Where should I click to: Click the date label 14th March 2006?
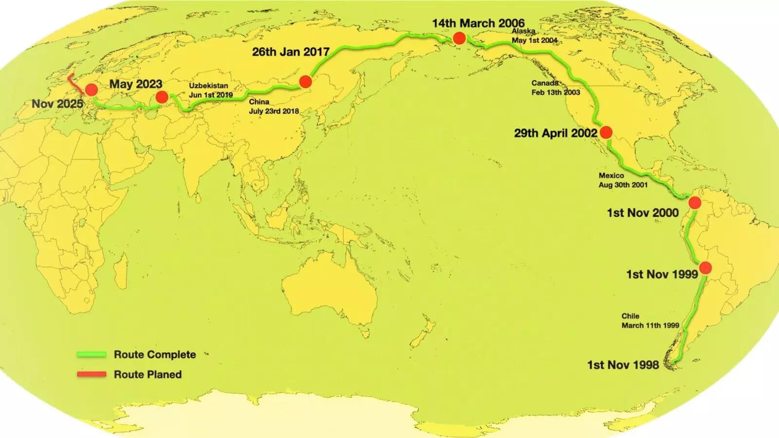click(x=478, y=23)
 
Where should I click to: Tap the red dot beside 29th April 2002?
click(x=606, y=132)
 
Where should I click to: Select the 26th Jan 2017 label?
click(x=291, y=52)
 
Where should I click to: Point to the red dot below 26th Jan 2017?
click(x=305, y=81)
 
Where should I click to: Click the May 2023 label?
click(x=135, y=84)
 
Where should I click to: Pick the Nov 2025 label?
click(x=57, y=104)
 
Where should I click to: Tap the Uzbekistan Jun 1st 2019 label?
click(x=210, y=90)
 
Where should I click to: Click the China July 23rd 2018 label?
click(x=274, y=107)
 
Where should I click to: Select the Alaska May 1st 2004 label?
click(x=534, y=36)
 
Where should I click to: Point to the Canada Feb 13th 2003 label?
click(x=556, y=88)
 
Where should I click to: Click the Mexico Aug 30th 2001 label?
click(x=623, y=180)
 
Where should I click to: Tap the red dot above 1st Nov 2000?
click(x=695, y=202)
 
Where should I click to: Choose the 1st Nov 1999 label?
click(x=662, y=274)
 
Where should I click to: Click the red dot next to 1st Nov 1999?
click(x=705, y=268)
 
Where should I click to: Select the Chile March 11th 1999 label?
click(x=650, y=321)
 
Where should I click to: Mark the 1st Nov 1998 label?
click(x=623, y=365)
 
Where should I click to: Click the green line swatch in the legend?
click(x=92, y=355)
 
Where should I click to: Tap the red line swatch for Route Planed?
click(x=92, y=374)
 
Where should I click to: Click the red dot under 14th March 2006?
click(x=459, y=38)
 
